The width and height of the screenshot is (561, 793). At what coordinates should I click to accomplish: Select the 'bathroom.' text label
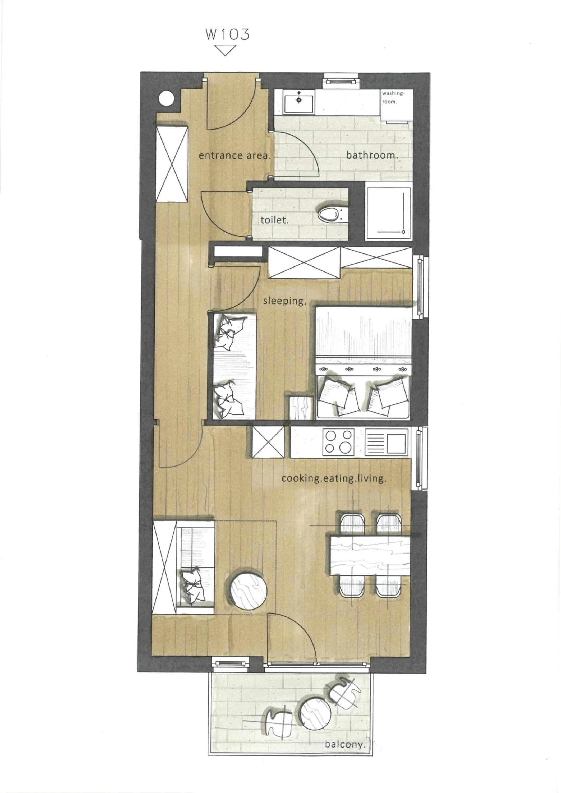(372, 155)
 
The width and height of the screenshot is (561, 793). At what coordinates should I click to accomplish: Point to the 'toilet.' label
(274, 220)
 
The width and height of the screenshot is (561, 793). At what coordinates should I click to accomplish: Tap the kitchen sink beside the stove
(387, 442)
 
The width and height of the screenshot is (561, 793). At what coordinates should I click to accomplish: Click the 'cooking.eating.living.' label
(333, 479)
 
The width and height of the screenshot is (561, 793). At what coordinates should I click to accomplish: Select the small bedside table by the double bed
(301, 408)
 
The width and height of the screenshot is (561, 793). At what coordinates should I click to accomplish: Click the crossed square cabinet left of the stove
(268, 442)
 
